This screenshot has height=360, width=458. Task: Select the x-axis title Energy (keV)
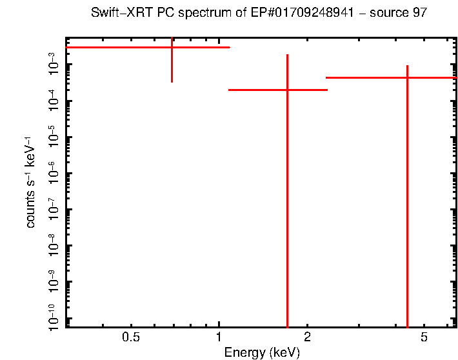262,352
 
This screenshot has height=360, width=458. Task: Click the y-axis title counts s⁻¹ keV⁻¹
30,182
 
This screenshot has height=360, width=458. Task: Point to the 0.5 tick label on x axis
131,337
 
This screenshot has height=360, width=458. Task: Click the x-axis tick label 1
219,337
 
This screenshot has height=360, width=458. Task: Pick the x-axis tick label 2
307,337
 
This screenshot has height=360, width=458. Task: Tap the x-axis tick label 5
424,337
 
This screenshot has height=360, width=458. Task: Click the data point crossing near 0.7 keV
172,47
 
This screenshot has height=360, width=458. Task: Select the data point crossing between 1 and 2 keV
287,90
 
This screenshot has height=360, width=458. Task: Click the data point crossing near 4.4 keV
407,77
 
